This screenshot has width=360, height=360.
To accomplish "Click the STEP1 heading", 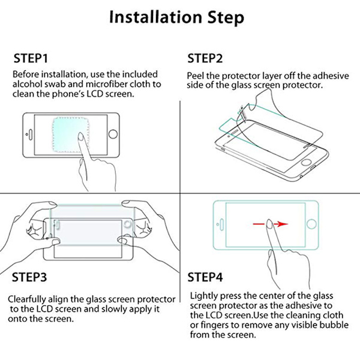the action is pos(31,58).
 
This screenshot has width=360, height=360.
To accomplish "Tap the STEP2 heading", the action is pos(205,58).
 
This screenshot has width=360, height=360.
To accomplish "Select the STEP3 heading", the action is pos(29,277).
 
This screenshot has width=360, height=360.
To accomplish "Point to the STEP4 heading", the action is pos(205,277).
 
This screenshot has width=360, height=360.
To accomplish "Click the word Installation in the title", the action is pos(155,17).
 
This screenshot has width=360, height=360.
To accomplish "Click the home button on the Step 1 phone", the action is pos(113,134).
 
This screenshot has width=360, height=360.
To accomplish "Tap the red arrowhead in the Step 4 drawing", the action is pos(283,224).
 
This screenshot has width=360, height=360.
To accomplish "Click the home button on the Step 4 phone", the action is pos(311,224).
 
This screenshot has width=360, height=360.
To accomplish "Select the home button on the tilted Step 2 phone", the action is pos(306,161).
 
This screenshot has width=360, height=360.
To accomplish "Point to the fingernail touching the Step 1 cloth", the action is pos(80,136).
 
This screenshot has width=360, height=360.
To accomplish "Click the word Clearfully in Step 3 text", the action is pos(27,299).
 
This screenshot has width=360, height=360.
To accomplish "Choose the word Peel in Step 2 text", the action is pos(195,76).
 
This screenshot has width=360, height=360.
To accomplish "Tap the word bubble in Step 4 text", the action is pos(334,325).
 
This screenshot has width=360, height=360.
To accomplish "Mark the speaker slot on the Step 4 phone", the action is pos(221,224).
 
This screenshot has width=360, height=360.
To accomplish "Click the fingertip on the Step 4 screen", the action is pos(269,223).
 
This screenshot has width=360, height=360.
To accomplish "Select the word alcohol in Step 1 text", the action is pos(27,84).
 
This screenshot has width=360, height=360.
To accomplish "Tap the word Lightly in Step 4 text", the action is pos(204,296).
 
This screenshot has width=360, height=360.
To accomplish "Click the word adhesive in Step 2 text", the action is pos(331,76).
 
